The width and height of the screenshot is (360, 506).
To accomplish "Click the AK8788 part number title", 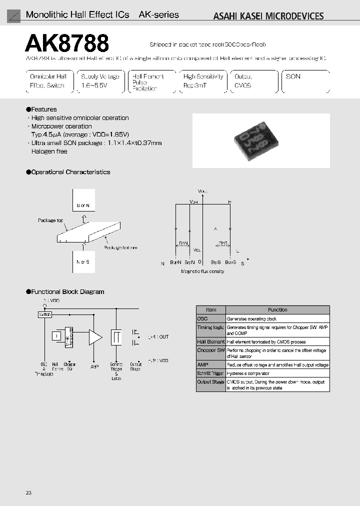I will (67, 43).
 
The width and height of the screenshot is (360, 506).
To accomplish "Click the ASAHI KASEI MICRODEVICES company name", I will (268, 16).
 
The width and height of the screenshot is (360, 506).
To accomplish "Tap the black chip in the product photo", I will (254, 140).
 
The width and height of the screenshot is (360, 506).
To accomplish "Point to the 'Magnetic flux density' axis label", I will (202, 271).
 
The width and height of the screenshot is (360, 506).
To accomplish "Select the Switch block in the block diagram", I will (45, 314).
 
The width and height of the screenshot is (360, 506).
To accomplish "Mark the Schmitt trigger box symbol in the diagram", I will (116, 337).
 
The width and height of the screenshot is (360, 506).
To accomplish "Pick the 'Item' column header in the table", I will (211, 310).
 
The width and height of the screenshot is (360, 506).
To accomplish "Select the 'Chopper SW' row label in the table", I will (210, 350).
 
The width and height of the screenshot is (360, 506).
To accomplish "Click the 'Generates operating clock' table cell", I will (251, 318).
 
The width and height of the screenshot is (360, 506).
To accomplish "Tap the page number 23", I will (28, 493).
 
